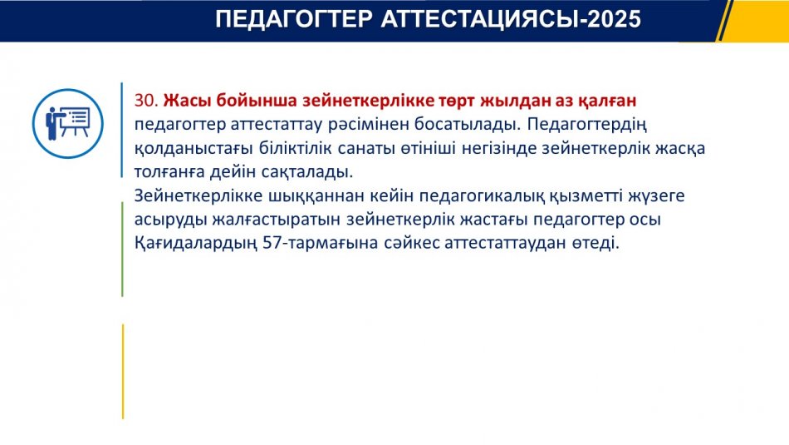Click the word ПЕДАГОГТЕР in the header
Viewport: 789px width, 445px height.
click(294, 19)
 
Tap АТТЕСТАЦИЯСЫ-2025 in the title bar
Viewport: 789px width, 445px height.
click(511, 19)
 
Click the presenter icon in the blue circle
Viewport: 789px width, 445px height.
click(68, 123)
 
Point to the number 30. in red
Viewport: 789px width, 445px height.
click(146, 101)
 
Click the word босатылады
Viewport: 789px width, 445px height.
click(468, 125)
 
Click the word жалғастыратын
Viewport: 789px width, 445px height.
click(277, 220)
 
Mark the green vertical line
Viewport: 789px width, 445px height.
click(122, 249)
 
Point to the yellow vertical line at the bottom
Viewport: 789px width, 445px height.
click(123, 372)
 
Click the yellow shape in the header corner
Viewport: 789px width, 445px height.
click(755, 21)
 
